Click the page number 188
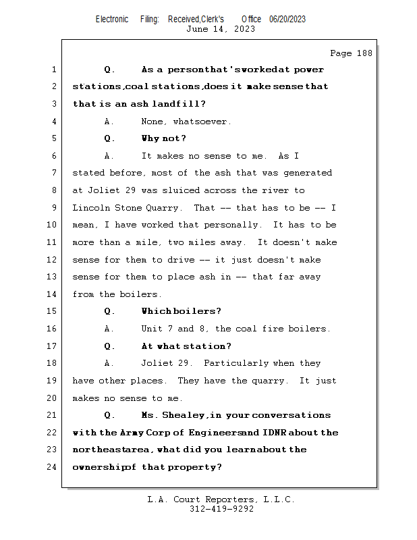(364, 53)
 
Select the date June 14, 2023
(221, 29)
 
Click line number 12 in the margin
(52, 260)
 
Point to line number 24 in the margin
(52, 467)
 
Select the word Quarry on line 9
(163, 208)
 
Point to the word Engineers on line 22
(216, 433)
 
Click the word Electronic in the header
(112, 20)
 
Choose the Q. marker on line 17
(110, 346)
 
